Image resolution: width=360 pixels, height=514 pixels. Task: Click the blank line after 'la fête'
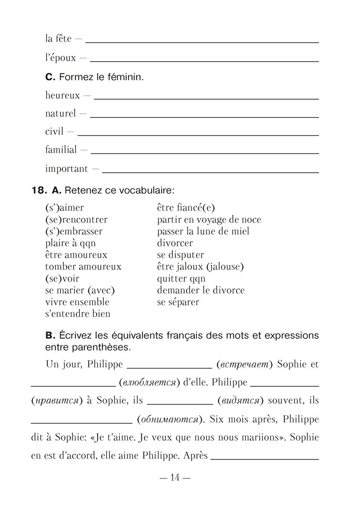coord(203,41)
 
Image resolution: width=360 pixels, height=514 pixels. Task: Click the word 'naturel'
coord(60,113)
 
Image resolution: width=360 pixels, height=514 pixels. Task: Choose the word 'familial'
coord(61,150)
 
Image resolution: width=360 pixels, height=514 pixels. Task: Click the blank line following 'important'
coord(210,171)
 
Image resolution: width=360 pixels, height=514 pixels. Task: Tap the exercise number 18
coord(39,190)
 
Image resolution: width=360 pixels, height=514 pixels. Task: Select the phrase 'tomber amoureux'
coord(83,267)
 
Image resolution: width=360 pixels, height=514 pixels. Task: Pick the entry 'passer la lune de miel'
coord(203,231)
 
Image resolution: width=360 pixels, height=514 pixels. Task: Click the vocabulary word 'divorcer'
coord(175,243)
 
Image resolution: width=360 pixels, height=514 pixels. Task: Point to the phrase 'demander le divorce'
coord(201,290)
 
